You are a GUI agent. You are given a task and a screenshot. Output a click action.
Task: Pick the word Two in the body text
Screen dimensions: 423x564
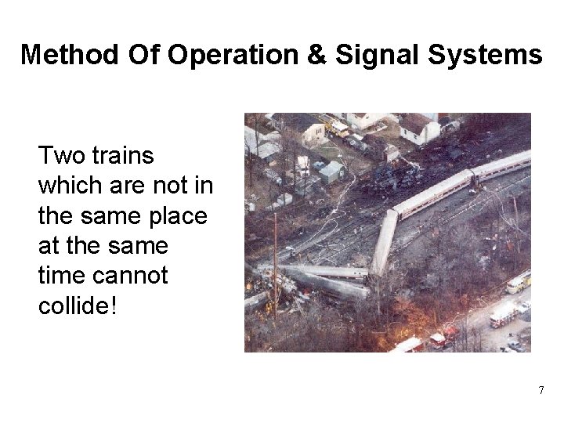point(56,156)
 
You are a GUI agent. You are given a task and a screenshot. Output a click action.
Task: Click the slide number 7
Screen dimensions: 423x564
point(540,389)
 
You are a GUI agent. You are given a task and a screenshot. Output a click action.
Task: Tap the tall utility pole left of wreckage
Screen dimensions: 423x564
point(275,258)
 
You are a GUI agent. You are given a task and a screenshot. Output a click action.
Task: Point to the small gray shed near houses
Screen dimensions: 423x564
point(331,170)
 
